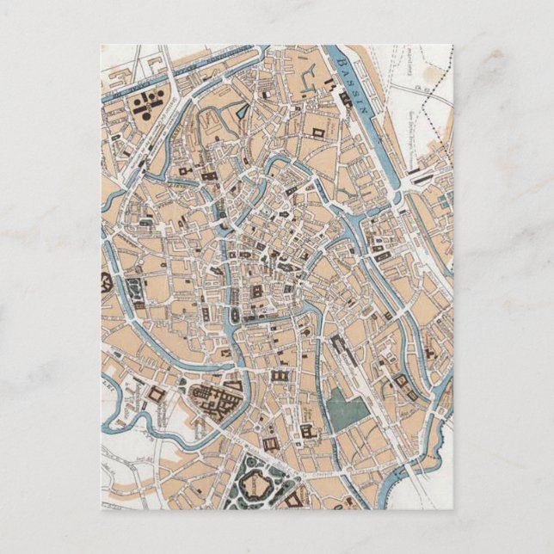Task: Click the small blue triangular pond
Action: tap(242, 111)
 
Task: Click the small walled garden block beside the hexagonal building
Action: tap(136, 288)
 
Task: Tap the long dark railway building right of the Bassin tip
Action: tap(422, 172)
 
